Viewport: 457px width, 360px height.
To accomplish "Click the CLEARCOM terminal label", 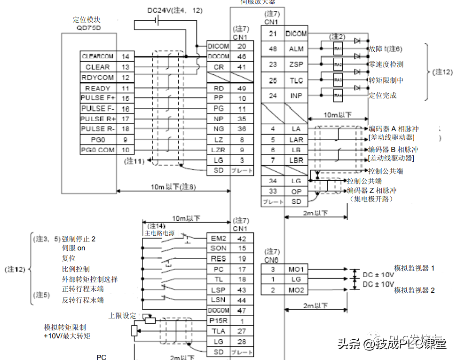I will click(98, 56).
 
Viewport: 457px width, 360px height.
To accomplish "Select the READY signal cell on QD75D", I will click(98, 88).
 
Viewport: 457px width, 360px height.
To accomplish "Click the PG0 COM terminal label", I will click(98, 150).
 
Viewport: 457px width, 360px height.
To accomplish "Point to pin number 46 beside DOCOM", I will click(242, 56).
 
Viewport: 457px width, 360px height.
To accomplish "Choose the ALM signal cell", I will click(296, 48).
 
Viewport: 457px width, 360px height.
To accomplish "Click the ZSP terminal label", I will click(296, 64).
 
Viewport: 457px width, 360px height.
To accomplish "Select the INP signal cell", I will click(296, 96).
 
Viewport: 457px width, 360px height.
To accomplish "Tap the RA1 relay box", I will click(338, 48).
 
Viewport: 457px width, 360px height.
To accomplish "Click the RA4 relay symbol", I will click(338, 96).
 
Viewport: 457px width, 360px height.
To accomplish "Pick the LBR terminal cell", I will click(296, 161).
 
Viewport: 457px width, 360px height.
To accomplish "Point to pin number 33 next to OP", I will click(273, 192).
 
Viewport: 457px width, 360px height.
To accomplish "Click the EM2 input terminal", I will click(218, 238).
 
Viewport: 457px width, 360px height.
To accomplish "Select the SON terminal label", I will click(218, 248).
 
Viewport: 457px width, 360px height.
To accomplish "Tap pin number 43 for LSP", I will click(242, 290).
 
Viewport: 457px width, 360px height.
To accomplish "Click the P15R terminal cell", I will click(218, 321).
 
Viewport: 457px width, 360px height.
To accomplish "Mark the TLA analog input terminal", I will click(218, 331).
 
